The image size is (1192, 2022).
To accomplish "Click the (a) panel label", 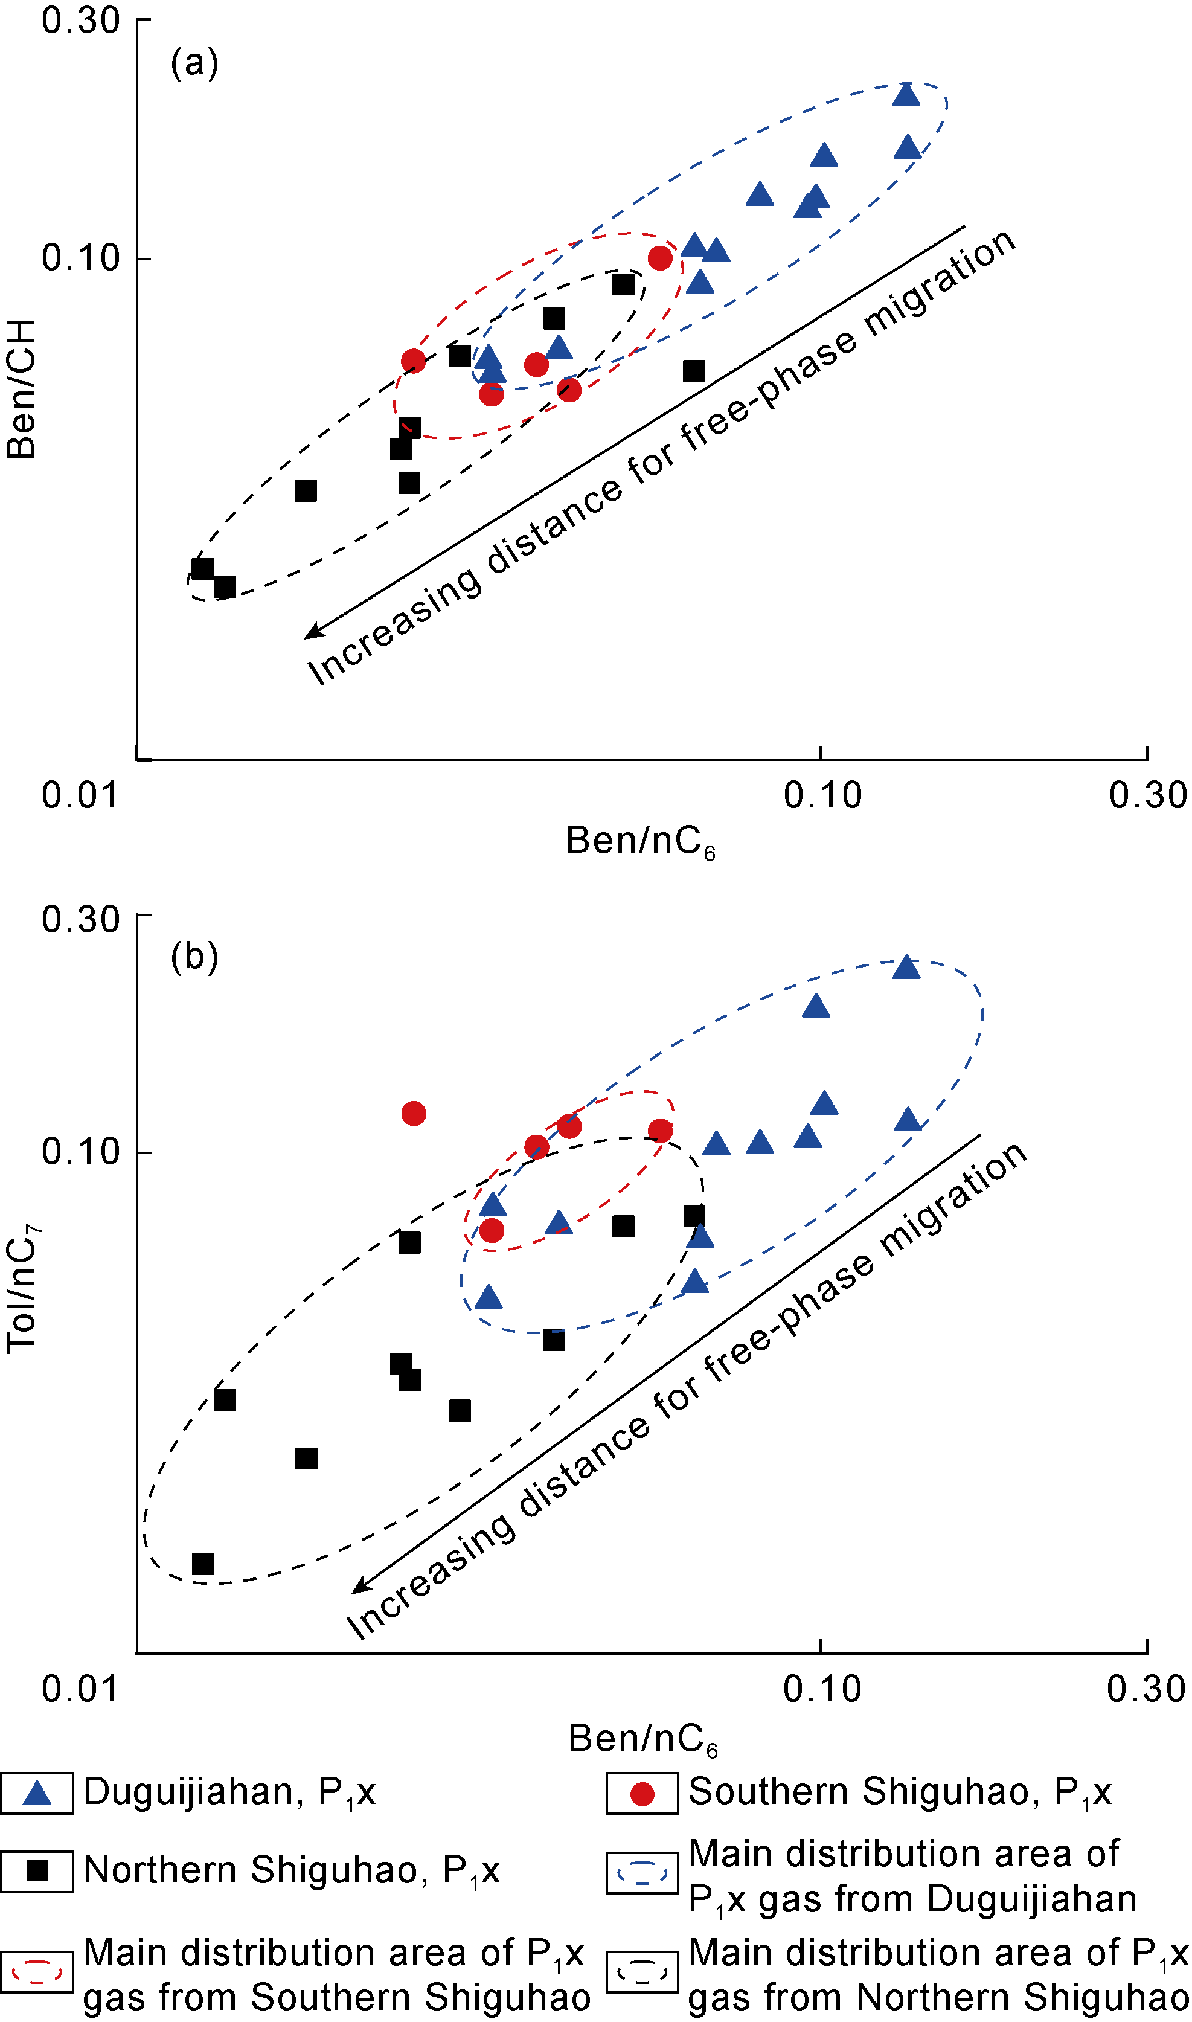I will pos(194,63).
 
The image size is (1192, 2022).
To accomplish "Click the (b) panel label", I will pos(194,956).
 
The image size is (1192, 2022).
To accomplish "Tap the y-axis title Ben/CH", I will pos(22,389).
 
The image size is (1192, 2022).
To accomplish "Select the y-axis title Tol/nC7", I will pos(22,1289).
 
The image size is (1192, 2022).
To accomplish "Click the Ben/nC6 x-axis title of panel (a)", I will pos(640,842).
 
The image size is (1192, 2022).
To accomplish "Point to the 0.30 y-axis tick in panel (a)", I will pos(80,20).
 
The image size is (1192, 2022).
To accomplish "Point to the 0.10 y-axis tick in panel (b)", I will pos(80,1152).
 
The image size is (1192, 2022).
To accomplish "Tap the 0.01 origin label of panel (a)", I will pos(80,795).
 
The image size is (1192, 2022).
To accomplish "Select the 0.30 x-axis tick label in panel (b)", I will pos(1146,1689).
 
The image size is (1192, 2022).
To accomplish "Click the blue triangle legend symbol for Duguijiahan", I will pos(37,1793).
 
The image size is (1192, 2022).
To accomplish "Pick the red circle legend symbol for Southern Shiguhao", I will pos(642,1794).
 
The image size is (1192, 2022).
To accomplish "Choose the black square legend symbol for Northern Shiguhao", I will pos(37,1871).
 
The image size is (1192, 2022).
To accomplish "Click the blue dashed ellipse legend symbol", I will pos(642,1873).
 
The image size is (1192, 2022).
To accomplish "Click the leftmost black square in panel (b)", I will pos(203,1563).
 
